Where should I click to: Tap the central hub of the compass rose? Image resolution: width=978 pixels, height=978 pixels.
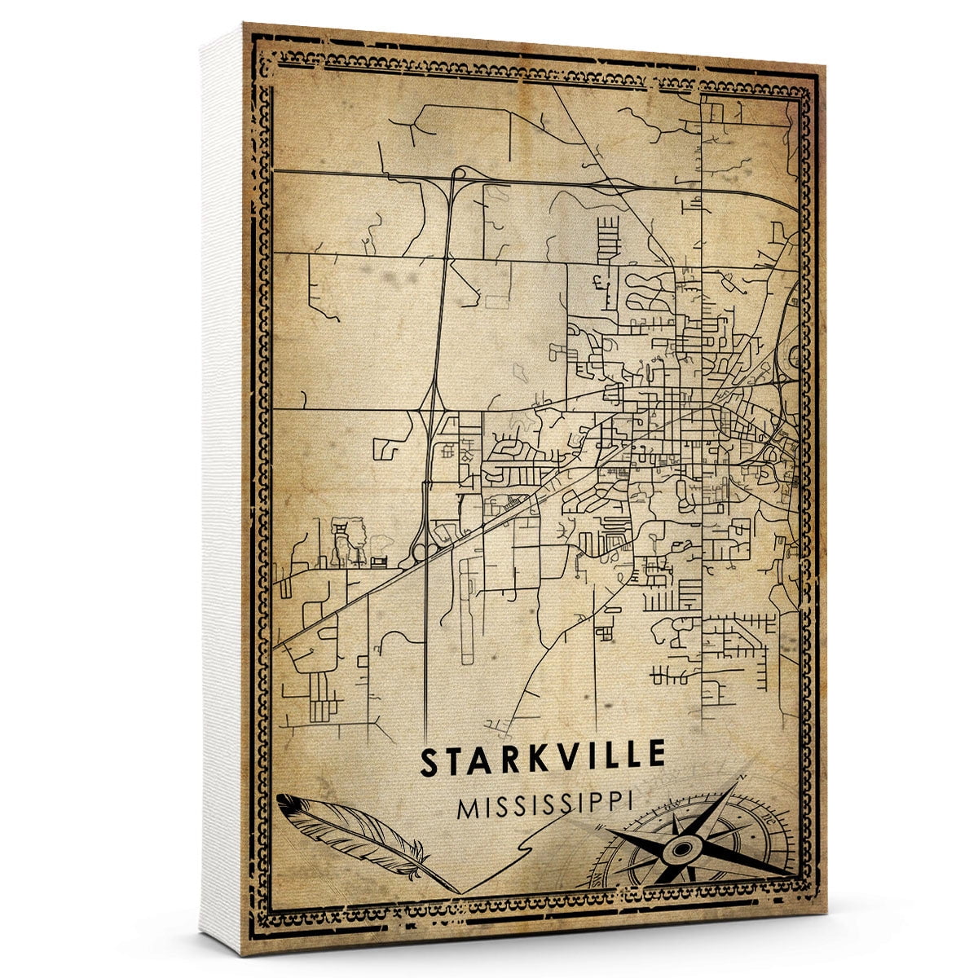(681, 850)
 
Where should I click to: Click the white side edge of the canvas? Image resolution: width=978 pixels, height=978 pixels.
(222, 489)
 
